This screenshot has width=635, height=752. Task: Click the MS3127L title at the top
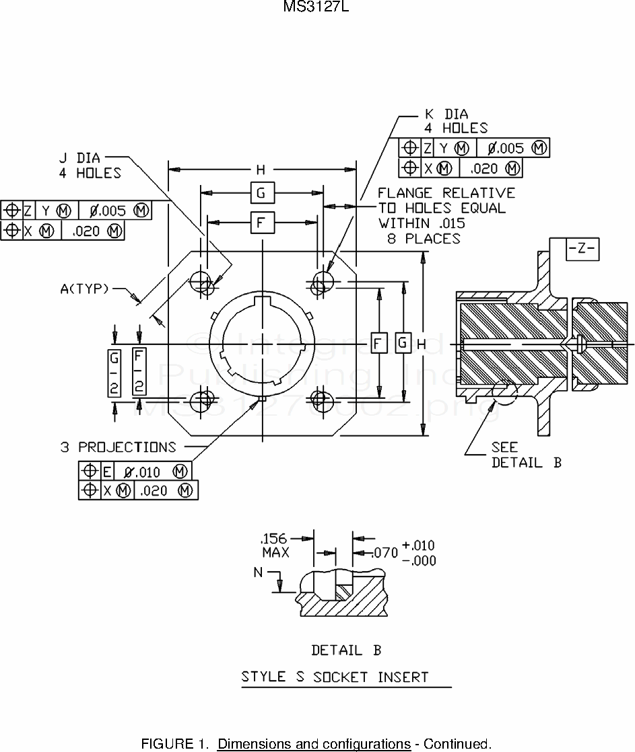[x=316, y=8]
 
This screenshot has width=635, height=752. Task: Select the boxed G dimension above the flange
[x=261, y=193]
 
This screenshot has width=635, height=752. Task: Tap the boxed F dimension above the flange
[x=261, y=221]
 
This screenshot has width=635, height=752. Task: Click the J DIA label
[x=79, y=158]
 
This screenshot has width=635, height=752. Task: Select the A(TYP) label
[x=85, y=289]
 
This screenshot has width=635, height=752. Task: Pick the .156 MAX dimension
[x=274, y=546]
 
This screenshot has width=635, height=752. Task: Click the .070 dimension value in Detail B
[x=385, y=553]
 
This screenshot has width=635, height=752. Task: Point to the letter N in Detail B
[x=259, y=572]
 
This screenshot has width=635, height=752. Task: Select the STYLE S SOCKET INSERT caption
[x=335, y=677]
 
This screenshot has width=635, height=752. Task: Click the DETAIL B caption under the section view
[x=346, y=650]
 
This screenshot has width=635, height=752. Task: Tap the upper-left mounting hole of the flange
[x=201, y=282]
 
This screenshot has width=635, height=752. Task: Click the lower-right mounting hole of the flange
[x=321, y=401]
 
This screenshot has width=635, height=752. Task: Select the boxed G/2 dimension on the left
[x=114, y=373]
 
